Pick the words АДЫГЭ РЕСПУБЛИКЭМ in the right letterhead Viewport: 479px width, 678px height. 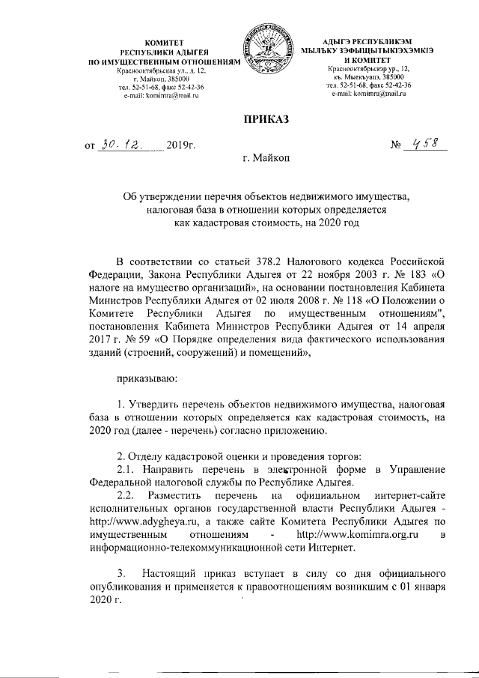[373, 40]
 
